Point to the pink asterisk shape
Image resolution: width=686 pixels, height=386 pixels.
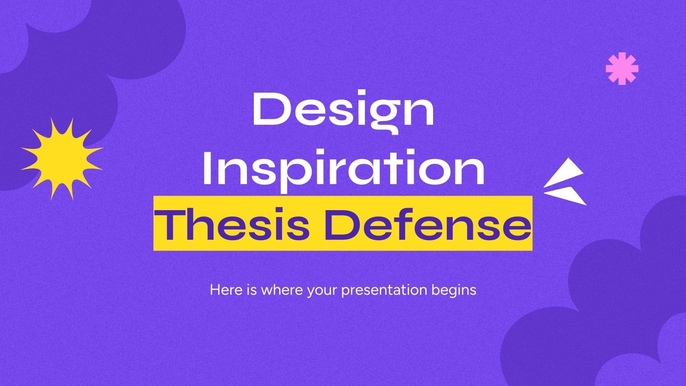point(622,68)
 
